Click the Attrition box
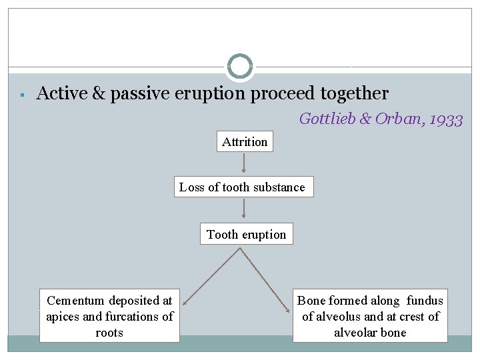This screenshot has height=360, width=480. pyautogui.click(x=245, y=141)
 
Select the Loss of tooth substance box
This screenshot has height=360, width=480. pyautogui.click(x=242, y=187)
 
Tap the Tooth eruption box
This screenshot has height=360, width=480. pyautogui.click(x=246, y=234)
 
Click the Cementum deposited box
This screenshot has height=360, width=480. pyautogui.click(x=109, y=316)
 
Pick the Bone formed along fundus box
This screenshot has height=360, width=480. pyautogui.click(x=370, y=316)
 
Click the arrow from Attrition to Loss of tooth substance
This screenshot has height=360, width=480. pyautogui.click(x=245, y=163)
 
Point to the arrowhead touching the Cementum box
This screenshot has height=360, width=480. pyautogui.click(x=186, y=301)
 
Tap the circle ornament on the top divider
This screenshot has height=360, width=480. pyautogui.click(x=240, y=67)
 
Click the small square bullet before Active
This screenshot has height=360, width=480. pyautogui.click(x=22, y=95)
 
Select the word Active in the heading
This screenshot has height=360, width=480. pyautogui.click(x=61, y=93)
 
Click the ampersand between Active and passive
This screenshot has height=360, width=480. pyautogui.click(x=98, y=93)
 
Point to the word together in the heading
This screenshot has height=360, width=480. pyautogui.click(x=354, y=93)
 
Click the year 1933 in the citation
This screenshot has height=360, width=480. pyautogui.click(x=446, y=119)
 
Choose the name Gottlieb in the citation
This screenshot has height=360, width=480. pyautogui.click(x=327, y=119)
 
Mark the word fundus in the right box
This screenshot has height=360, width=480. pyautogui.click(x=425, y=301)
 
